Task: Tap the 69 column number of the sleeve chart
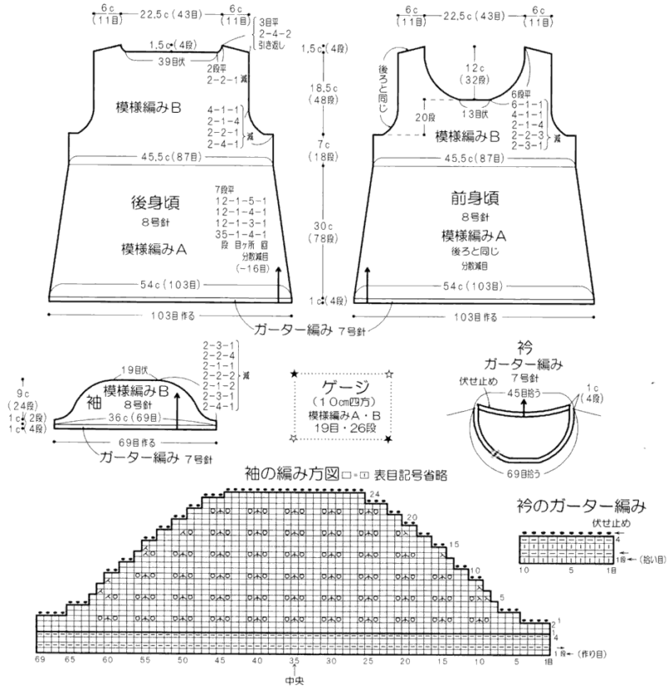pyautogui.click(x=39, y=660)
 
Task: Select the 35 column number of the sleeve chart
pyautogui.click(x=295, y=660)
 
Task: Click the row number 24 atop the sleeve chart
pyautogui.click(x=375, y=495)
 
